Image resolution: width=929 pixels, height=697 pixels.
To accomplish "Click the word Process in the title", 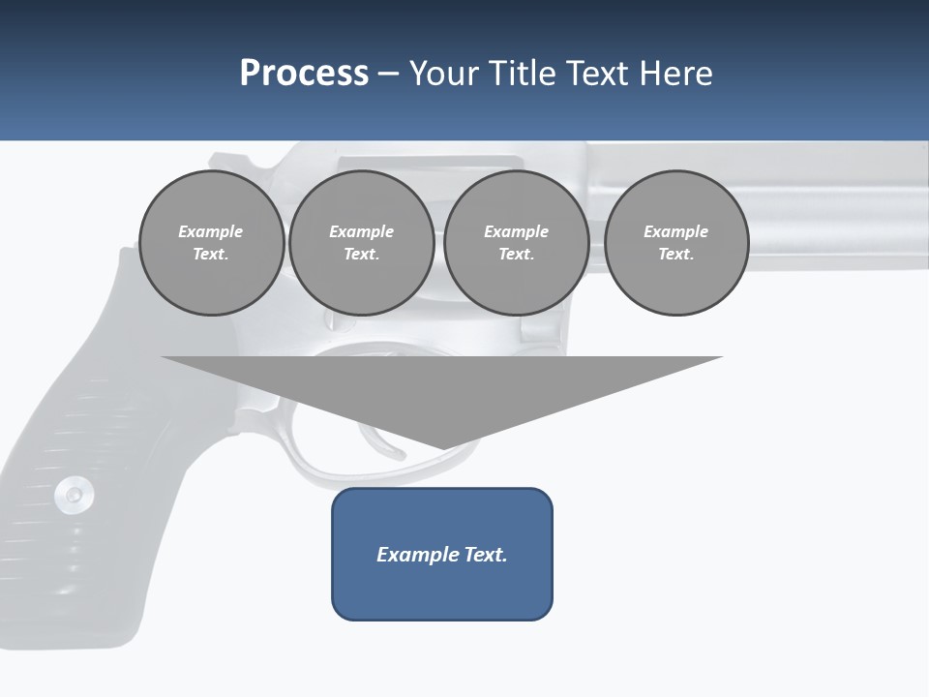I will [x=304, y=74].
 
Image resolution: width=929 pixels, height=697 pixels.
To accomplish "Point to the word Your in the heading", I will [x=446, y=74].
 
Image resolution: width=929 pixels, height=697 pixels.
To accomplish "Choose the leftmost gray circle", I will [x=211, y=242].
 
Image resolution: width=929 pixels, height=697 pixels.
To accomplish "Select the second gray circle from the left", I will [x=361, y=242].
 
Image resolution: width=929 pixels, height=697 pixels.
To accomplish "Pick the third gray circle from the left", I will [x=516, y=242].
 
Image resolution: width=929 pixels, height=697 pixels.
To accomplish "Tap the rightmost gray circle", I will [x=675, y=242].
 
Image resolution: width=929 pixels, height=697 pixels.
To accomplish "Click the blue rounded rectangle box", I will [x=442, y=581].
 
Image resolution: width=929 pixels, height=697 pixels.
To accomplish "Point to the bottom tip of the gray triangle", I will [x=443, y=448].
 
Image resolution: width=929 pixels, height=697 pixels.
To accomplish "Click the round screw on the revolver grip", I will [x=74, y=495].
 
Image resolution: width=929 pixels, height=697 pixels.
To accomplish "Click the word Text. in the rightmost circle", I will [x=675, y=254].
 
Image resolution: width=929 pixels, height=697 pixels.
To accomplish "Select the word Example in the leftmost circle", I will [x=211, y=231].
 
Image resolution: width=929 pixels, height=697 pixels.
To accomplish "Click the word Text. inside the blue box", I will [x=485, y=555].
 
